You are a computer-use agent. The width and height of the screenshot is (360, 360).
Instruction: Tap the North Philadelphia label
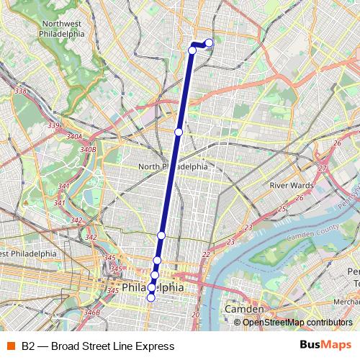(173, 166)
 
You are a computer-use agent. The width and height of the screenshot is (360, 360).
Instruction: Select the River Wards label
(290, 185)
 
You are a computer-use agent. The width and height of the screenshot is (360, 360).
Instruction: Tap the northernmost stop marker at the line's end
(210, 43)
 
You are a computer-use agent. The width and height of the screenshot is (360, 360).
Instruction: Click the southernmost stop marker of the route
(150, 297)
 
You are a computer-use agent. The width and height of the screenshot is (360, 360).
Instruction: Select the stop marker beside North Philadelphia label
(179, 132)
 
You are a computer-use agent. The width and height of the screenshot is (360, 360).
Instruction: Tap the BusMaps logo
(325, 346)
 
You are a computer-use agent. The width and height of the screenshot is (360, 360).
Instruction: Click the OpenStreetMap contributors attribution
(298, 322)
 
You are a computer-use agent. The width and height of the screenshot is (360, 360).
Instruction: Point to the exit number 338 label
(20, 91)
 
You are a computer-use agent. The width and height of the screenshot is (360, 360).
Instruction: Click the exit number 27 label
(323, 168)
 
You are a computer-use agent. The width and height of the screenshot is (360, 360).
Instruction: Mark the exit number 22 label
(207, 254)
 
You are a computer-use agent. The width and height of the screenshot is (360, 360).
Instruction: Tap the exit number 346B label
(91, 312)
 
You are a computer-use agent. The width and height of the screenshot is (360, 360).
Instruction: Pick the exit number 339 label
(53, 126)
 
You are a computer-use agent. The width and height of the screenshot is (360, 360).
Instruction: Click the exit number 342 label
(91, 237)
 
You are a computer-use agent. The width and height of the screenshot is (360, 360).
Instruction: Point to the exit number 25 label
(282, 208)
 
